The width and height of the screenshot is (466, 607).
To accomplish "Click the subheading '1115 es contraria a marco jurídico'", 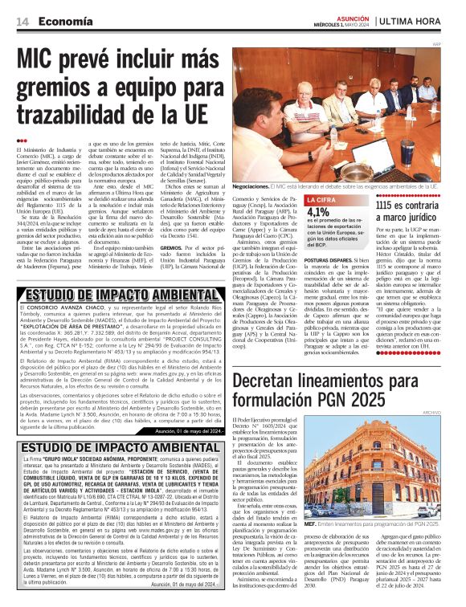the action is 409,211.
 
